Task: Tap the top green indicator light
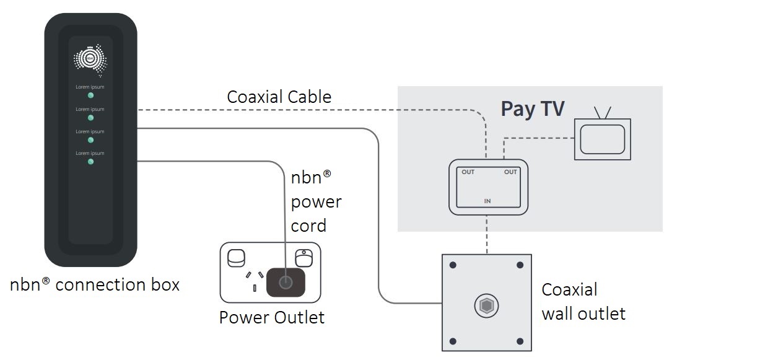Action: click(90, 95)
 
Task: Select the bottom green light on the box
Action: click(90, 162)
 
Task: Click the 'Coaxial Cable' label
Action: click(279, 97)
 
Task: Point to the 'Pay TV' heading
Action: click(533, 108)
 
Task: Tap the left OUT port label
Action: click(468, 172)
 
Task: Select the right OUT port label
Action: click(510, 172)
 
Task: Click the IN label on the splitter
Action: click(487, 201)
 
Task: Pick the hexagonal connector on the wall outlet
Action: click(486, 305)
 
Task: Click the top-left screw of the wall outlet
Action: click(453, 265)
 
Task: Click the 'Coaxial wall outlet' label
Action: click(583, 302)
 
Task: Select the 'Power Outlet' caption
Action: click(271, 318)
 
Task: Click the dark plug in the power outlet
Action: click(285, 283)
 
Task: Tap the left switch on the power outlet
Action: click(237, 258)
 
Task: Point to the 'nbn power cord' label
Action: click(316, 201)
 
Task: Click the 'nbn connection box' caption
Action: click(95, 284)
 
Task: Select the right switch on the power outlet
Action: click(303, 257)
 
